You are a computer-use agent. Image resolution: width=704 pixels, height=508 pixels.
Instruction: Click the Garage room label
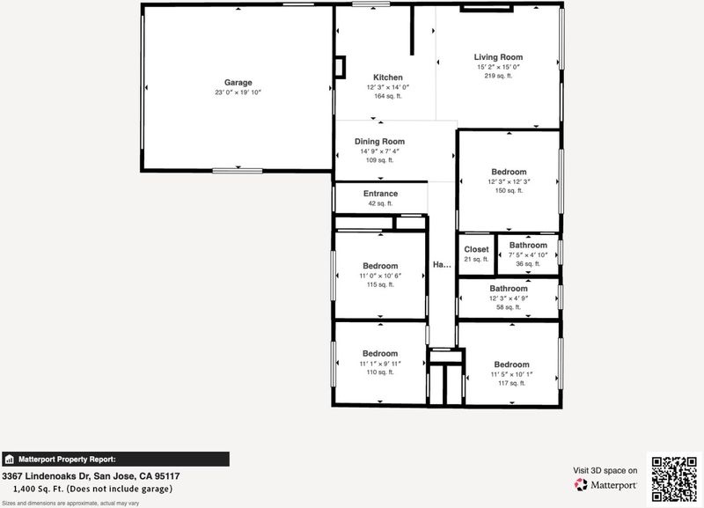click(238, 83)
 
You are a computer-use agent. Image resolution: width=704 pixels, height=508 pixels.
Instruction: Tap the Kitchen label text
click(388, 77)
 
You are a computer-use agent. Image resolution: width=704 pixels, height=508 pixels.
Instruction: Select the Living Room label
click(498, 57)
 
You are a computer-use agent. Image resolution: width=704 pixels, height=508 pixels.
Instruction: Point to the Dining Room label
click(380, 142)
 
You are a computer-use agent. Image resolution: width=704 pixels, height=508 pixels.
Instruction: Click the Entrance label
click(381, 194)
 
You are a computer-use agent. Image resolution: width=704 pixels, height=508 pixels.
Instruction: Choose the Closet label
click(476, 249)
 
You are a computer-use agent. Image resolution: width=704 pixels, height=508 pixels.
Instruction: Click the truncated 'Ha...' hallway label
click(442, 264)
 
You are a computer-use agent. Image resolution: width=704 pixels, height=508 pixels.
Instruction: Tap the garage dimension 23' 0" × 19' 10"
click(238, 92)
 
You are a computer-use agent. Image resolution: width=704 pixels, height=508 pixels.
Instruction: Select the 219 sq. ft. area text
click(498, 76)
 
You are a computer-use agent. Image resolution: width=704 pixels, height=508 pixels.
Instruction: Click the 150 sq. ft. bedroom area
click(510, 190)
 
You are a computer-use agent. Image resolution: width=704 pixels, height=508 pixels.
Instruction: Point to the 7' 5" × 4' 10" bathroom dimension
click(528, 255)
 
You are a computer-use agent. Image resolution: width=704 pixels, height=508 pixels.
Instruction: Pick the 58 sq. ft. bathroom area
click(509, 307)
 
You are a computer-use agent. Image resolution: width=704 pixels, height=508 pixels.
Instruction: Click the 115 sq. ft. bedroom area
click(380, 284)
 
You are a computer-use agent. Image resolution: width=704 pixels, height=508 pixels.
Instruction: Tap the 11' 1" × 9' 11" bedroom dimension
click(380, 364)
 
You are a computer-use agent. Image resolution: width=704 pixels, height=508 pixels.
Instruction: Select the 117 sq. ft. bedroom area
click(512, 383)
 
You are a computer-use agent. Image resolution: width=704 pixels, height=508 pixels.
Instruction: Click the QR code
click(674, 479)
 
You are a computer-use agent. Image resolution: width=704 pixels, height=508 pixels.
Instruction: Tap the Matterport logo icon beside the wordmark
click(581, 484)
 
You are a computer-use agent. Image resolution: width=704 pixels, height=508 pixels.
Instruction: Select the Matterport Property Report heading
click(67, 460)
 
